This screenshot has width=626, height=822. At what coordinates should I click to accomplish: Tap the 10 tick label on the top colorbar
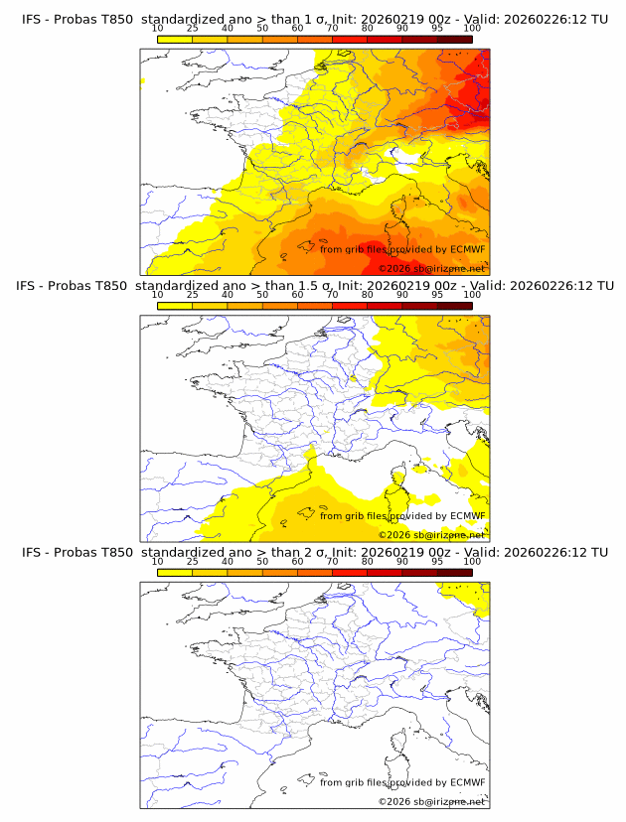tap(157, 28)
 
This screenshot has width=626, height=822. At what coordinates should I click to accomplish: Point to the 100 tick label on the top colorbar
tap(472, 28)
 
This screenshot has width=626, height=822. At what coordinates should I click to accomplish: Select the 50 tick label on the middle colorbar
tap(262, 295)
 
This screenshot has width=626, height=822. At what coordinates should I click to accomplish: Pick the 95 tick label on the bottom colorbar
tap(437, 562)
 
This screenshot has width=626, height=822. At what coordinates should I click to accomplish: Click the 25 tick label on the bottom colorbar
tap(192, 562)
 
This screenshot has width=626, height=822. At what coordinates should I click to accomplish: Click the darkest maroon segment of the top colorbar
tap(454, 39)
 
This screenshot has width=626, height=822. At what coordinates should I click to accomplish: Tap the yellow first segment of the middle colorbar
tap(174, 306)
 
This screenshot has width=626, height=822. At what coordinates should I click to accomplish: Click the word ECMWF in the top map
tap(467, 249)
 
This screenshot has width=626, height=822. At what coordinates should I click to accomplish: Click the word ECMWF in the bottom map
tap(467, 782)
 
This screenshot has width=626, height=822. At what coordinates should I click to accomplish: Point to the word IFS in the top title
tap(32, 19)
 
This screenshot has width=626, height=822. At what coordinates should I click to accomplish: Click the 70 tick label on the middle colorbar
tap(332, 295)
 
